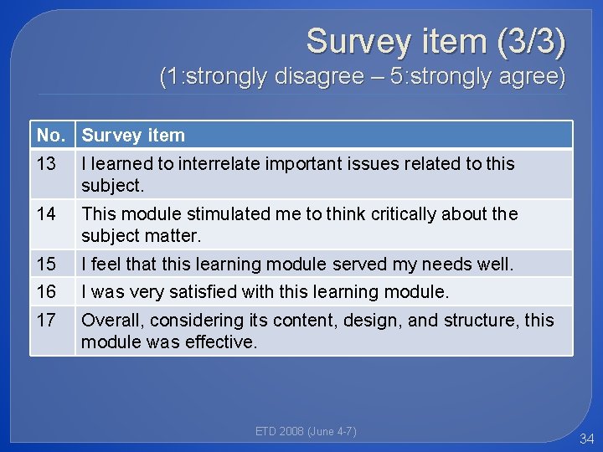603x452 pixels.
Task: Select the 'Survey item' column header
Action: pos(133,135)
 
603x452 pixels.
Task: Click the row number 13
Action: pos(46,164)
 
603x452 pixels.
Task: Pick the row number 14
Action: pos(46,214)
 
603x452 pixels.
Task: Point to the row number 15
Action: pos(46,265)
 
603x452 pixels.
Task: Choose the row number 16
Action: pos(46,292)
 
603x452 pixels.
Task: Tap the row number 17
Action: pos(46,321)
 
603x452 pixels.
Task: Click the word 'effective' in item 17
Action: pos(223,342)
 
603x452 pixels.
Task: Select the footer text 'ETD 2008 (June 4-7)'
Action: pos(306,431)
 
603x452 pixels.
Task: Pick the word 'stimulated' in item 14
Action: pos(196,214)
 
